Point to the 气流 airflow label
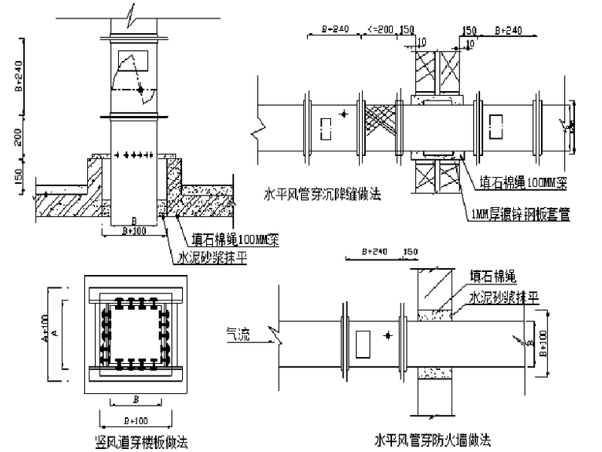(x=237, y=333)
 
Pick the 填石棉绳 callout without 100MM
(x=493, y=274)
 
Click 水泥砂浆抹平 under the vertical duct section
(x=211, y=258)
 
